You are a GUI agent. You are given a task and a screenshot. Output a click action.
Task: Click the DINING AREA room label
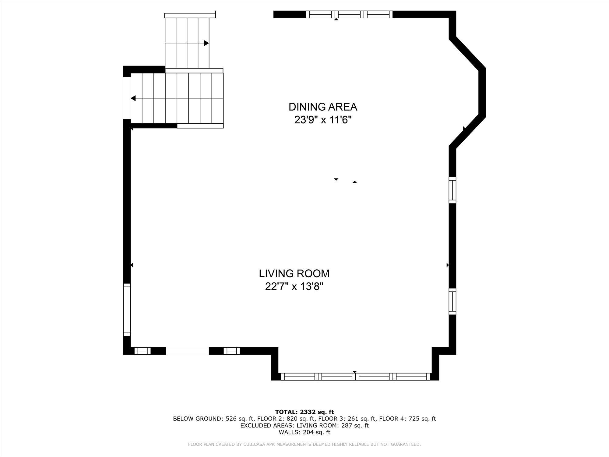coord(323,107)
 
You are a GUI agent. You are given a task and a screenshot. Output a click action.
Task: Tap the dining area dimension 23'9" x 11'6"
coord(323,120)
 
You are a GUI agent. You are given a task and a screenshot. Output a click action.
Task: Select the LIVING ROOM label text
coord(294,274)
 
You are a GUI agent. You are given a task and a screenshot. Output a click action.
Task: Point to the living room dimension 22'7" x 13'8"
coord(294,287)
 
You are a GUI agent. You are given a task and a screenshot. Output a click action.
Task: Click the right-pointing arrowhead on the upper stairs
coord(206,43)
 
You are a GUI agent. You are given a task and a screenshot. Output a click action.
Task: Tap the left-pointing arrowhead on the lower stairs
coord(133,98)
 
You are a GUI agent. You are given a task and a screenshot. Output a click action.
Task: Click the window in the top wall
coord(349,14)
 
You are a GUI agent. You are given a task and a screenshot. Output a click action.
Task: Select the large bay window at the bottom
coord(355,377)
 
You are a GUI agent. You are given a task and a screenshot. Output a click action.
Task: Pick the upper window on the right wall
coord(452,190)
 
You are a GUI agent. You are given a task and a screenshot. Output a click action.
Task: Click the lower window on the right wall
coord(452,301)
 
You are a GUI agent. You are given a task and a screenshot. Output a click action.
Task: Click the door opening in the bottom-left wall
coord(187,351)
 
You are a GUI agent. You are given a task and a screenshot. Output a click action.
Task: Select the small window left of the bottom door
coord(143,351)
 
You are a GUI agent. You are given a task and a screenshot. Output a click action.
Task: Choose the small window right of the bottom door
coord(232,351)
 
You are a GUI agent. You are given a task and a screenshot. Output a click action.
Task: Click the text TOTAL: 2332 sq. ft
coord(304,412)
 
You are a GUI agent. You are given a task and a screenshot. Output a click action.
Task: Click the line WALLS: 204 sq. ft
coord(304,432)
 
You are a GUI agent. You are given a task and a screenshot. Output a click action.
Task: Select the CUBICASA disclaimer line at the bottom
coord(304,445)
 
